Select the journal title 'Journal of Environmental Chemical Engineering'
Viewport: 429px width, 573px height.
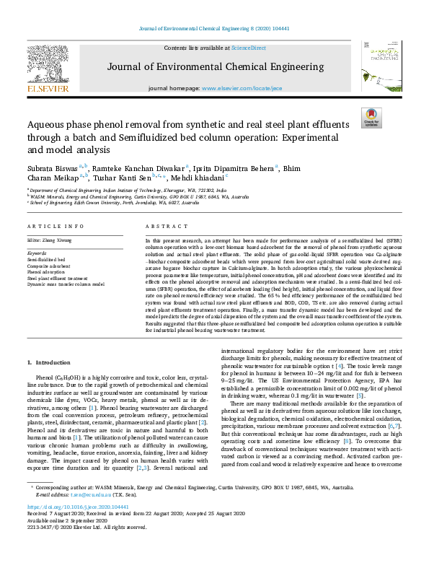pos(214,67)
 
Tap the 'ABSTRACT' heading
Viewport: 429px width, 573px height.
pos(161,226)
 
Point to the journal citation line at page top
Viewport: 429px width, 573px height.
pos(214,30)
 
